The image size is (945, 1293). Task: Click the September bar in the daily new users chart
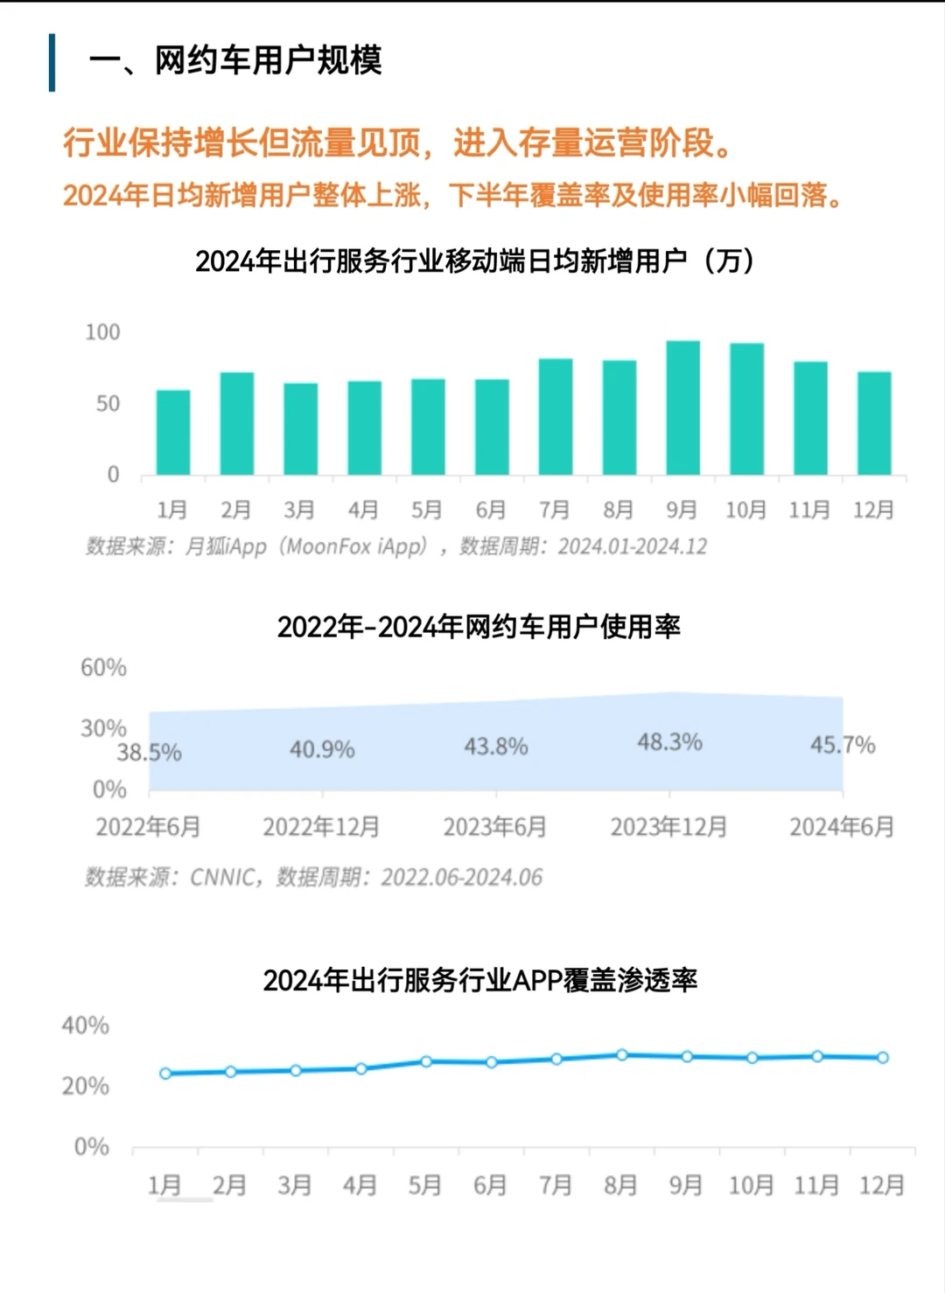pyautogui.click(x=682, y=408)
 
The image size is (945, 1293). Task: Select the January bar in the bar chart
pyautogui.click(x=173, y=433)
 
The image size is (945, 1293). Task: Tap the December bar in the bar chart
pyautogui.click(x=873, y=424)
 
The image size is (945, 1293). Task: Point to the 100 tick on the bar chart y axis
pyautogui.click(x=102, y=332)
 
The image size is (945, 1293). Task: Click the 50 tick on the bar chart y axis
pyautogui.click(x=108, y=404)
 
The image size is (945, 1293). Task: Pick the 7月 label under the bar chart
pyautogui.click(x=554, y=510)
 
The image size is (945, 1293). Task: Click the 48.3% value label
pyautogui.click(x=669, y=742)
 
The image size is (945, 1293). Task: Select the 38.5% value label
pyautogui.click(x=150, y=753)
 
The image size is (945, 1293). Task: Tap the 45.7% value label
pyautogui.click(x=842, y=745)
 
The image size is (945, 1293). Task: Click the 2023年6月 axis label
pyautogui.click(x=495, y=827)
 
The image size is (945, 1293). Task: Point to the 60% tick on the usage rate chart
pyautogui.click(x=103, y=668)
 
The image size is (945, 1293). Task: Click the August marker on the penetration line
pyautogui.click(x=622, y=1055)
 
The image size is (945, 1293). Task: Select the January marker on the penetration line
pyautogui.click(x=165, y=1074)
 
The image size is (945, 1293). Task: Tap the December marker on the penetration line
pyautogui.click(x=883, y=1058)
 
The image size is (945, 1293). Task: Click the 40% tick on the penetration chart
pyautogui.click(x=86, y=1025)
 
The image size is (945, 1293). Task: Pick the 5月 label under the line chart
pyautogui.click(x=425, y=1185)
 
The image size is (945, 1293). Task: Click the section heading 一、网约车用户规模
pyautogui.click(x=235, y=61)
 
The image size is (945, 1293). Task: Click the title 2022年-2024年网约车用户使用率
pyautogui.click(x=479, y=627)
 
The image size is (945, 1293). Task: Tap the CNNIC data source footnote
pyautogui.click(x=313, y=877)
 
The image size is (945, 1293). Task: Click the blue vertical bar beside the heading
pyautogui.click(x=52, y=62)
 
